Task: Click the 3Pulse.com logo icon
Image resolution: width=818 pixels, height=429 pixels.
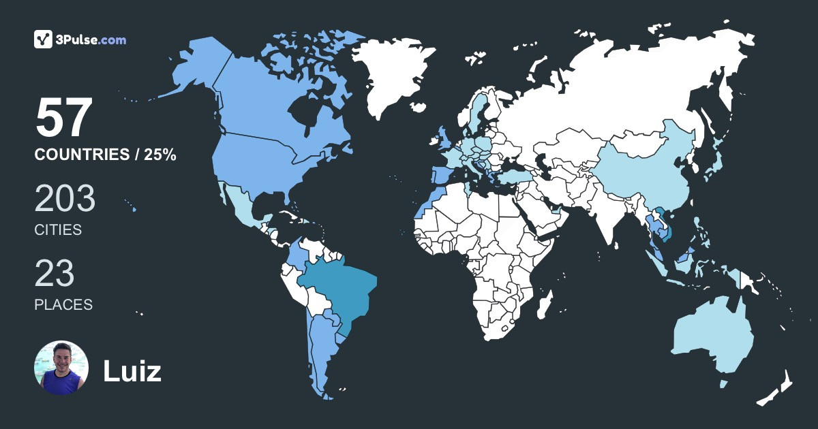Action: pos(44,39)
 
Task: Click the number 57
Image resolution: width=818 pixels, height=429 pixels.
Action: pos(63,118)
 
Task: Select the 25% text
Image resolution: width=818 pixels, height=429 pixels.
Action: pos(160,155)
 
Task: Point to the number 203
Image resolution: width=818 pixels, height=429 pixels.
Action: pos(65,200)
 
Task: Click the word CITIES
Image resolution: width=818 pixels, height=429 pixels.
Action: pos(58,230)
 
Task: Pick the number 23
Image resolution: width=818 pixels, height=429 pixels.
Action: pos(55,274)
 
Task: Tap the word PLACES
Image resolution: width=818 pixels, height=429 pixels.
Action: pos(63,304)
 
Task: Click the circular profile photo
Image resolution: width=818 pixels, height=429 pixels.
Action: pos(61,368)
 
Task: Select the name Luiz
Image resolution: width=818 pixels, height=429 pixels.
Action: pos(132,371)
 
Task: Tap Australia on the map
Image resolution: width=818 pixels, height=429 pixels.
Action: pos(712,337)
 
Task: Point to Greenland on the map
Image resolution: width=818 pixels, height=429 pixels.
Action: pos(395,75)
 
